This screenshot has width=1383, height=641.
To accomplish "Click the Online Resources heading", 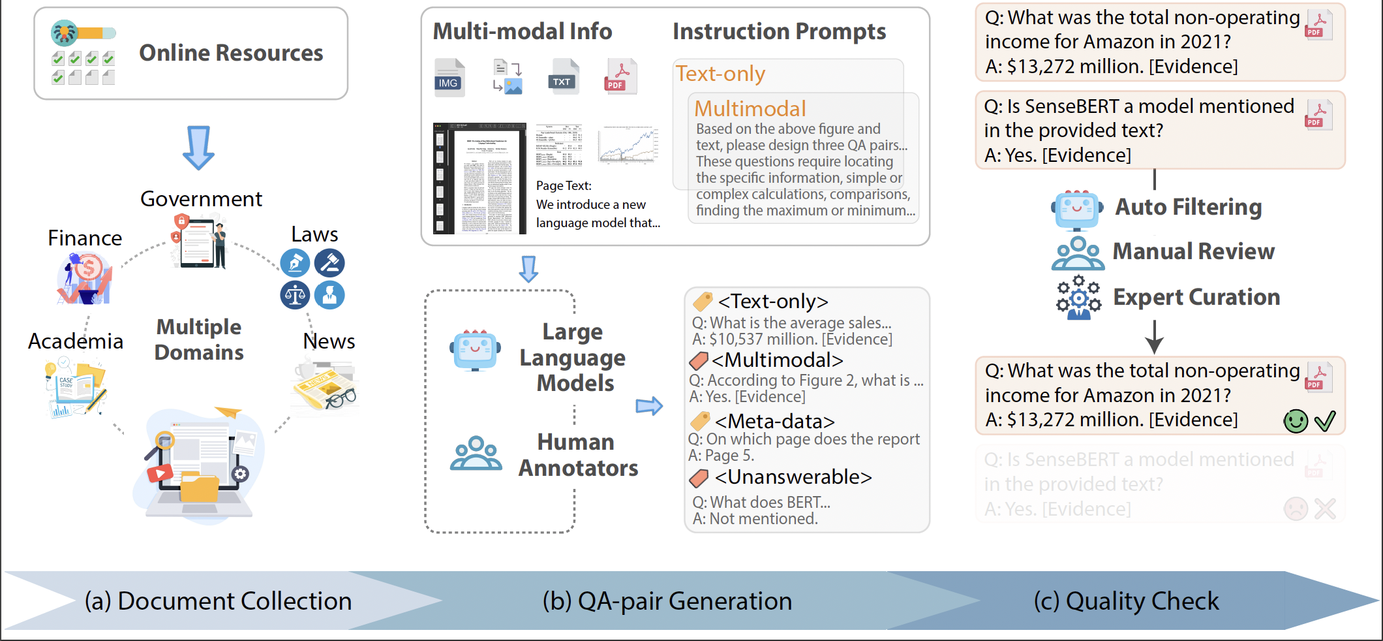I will [x=231, y=53].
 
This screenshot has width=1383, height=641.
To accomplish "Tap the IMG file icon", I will [x=449, y=78].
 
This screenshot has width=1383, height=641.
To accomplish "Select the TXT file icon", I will [x=563, y=76].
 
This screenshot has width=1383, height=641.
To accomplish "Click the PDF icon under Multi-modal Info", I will [x=620, y=76].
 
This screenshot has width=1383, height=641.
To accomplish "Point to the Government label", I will [x=201, y=199].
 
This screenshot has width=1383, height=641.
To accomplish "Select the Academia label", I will [x=76, y=341].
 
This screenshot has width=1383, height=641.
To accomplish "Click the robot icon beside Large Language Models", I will [x=475, y=351].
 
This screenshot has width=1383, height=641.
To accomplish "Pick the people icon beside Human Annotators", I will [x=476, y=454].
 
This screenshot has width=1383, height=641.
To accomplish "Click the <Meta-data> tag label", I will [x=774, y=422].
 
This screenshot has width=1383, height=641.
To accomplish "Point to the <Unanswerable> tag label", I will [x=793, y=477].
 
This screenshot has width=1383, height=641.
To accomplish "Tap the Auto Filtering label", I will [x=1188, y=207].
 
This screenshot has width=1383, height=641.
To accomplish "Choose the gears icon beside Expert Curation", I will [x=1078, y=297].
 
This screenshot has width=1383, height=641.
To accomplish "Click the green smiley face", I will [x=1296, y=421].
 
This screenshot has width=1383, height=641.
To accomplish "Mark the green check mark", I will [x=1325, y=421].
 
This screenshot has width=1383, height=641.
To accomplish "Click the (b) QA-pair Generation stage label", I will [x=667, y=601].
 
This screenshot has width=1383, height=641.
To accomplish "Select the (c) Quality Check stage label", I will [x=1126, y=601].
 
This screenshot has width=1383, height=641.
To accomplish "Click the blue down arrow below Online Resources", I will [x=198, y=148].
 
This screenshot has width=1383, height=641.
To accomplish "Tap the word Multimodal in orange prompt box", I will [x=750, y=108].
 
